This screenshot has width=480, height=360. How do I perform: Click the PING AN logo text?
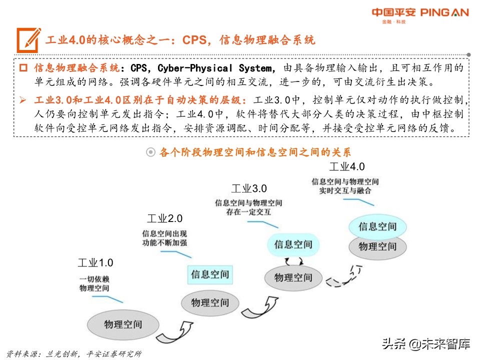440,12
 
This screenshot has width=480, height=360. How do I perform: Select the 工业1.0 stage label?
95,262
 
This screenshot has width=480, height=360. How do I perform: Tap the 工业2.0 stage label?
164,218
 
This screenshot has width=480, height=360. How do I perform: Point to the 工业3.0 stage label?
249,188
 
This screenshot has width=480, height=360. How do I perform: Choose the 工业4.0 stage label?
347,166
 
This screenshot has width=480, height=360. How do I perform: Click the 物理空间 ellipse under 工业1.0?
123,324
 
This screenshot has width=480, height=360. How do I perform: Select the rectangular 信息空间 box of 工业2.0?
210,274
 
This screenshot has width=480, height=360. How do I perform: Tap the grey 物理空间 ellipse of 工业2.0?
210,302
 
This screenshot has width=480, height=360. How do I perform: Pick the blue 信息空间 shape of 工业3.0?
293,244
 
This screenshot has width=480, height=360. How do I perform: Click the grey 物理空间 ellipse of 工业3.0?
293,277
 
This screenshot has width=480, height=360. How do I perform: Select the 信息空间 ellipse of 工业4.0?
377,226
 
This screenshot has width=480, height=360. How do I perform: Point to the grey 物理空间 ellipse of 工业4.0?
377,246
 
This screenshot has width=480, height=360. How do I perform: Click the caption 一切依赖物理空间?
94,283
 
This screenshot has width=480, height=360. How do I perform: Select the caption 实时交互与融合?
345,190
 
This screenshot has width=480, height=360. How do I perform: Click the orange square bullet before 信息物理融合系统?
23,67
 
